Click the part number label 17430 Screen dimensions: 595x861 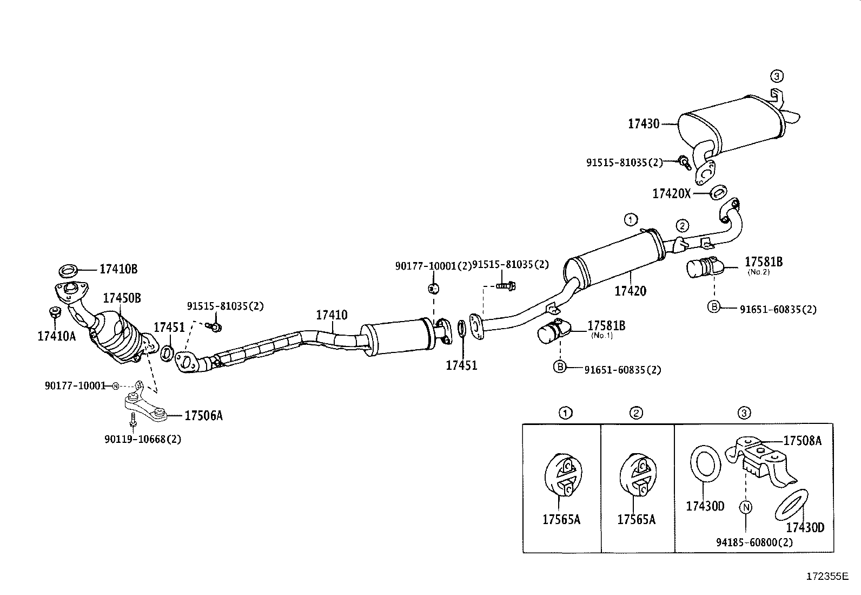(x=644, y=124)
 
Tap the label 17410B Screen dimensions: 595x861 (x=118, y=269)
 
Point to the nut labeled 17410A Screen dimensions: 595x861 (x=55, y=312)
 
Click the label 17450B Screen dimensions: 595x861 (x=122, y=298)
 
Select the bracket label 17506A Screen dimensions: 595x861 (x=203, y=416)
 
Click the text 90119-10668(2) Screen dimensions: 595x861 (x=143, y=439)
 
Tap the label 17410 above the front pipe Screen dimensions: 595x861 (x=332, y=315)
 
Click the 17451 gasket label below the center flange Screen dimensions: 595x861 (x=461, y=365)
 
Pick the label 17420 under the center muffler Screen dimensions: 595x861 (x=630, y=291)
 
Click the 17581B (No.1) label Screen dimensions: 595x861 (x=606, y=326)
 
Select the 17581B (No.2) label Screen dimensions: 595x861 (x=764, y=262)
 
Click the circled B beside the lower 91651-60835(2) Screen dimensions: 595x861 (x=560, y=367)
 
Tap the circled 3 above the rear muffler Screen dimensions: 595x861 (x=777, y=76)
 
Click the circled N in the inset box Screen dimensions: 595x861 (x=746, y=507)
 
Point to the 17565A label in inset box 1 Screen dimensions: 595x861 (x=561, y=520)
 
